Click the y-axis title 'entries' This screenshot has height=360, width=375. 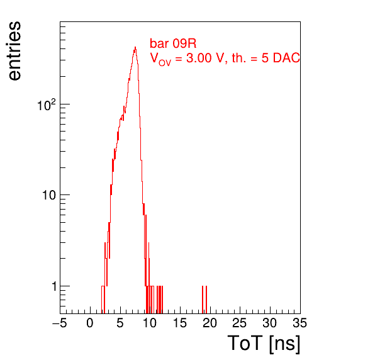click(15, 51)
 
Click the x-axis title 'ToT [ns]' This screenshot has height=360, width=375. click(264, 343)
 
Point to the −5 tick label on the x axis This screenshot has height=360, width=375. click(60, 323)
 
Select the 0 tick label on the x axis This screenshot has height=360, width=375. click(90, 323)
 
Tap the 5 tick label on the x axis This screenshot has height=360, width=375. click(120, 323)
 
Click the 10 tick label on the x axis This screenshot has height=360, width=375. click(150, 323)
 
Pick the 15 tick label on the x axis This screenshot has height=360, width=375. click(180, 323)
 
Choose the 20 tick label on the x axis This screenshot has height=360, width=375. click(210, 323)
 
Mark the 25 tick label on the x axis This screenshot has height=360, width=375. click(240, 323)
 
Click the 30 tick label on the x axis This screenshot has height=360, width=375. click(270, 323)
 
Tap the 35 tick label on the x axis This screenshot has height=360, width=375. click(299, 323)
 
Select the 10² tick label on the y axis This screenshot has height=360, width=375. click(47, 105)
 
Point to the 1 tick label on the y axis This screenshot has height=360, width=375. click(54, 286)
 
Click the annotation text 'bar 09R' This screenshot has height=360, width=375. click(173, 43)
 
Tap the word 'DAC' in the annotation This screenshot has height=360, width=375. click(286, 58)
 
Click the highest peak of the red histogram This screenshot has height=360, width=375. click(135, 47)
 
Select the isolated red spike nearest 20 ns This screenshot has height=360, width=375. click(206, 300)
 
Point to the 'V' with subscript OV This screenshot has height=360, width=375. click(160, 59)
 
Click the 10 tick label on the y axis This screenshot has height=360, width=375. click(49, 196)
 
